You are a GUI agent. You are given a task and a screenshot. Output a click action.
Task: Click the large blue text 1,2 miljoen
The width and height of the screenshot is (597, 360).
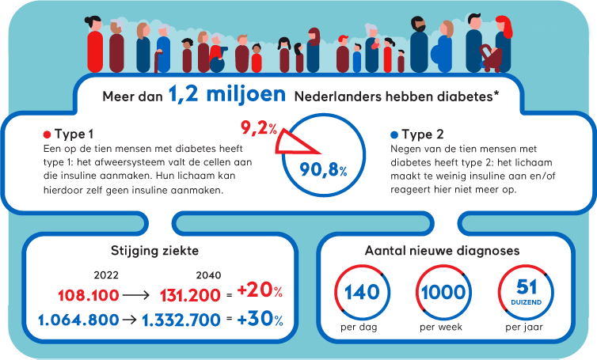coord(226,96)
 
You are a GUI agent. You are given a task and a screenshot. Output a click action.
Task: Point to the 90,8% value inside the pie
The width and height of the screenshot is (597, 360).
coord(324,168)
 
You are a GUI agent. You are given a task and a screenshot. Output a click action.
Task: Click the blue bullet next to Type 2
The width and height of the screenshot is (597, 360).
coord(394,133)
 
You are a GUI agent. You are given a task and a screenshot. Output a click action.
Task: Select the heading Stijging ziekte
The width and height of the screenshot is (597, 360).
coord(154,252)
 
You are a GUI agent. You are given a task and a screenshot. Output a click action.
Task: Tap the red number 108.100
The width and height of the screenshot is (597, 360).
coord(88,295)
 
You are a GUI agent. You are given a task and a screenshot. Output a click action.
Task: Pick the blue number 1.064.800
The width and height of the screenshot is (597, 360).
coord(77,320)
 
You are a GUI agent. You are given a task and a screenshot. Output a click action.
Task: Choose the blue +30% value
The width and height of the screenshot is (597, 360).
coord(259,319)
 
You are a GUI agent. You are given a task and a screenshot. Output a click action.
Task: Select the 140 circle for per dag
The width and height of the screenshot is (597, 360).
coord(362,293)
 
